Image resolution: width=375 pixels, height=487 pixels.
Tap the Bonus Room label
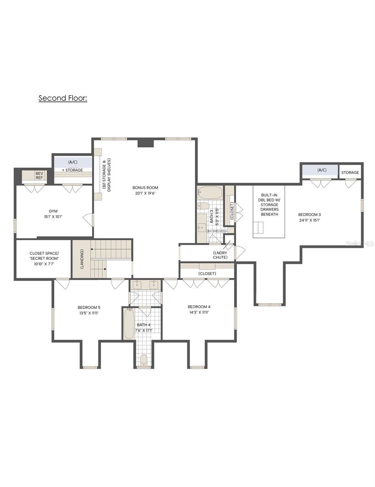[145, 187]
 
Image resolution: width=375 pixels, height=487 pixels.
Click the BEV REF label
[39, 175]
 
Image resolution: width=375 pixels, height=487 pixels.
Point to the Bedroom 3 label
[309, 214]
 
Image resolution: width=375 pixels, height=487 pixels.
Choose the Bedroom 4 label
[199, 306]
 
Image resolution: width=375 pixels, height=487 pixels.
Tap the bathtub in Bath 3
[210, 192]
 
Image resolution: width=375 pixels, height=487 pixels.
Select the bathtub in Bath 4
[129, 324]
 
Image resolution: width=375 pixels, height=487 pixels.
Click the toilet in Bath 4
[144, 360]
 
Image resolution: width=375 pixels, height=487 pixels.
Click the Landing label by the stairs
[82, 259]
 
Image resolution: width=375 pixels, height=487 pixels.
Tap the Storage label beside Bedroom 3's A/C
[350, 172]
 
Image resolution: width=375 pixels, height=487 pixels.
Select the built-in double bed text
[269, 205]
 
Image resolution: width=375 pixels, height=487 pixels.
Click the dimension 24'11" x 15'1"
[309, 220]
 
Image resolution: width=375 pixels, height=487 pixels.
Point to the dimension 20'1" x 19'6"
[145, 194]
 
